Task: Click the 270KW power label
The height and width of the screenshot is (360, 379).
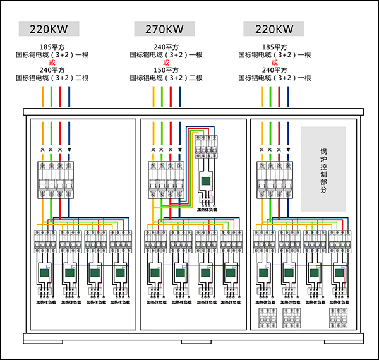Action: click(166, 29)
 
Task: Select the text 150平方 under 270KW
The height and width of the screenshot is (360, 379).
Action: click(166, 70)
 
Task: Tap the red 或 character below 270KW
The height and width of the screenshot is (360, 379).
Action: click(166, 63)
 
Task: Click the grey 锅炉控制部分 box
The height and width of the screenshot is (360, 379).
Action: click(323, 169)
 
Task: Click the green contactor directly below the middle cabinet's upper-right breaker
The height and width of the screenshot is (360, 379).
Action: click(206, 183)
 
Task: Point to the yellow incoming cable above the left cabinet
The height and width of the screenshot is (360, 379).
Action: click(43, 96)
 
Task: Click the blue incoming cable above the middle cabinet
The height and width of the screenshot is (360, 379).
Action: click(179, 96)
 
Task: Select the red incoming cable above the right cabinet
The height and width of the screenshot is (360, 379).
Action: click(279, 96)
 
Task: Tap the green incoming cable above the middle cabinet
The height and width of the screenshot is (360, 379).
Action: click(162, 96)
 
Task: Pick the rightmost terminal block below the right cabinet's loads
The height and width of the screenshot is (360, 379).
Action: click(337, 319)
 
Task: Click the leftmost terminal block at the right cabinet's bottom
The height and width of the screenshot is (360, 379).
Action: click(265, 319)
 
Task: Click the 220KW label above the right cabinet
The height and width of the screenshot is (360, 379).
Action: click(274, 29)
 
